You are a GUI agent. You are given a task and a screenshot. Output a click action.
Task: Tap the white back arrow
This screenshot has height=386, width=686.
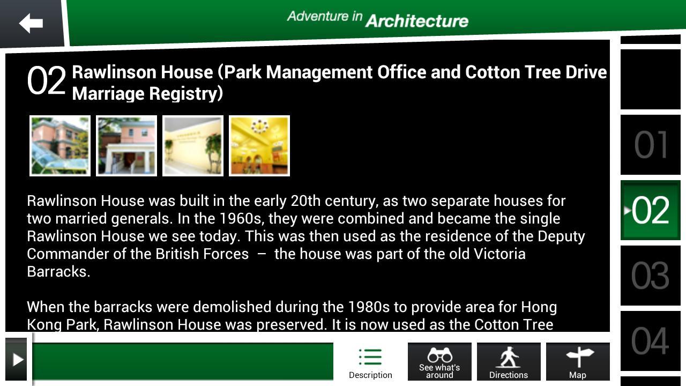tap(31, 23)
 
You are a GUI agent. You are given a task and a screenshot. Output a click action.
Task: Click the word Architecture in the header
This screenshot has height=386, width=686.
tap(417, 21)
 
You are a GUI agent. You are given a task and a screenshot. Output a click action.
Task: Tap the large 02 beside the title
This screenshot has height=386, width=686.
tap(47, 80)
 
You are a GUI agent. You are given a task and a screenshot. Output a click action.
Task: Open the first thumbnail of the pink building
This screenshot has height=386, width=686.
tap(60, 146)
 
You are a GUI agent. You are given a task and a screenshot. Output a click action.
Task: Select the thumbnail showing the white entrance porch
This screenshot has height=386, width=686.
tap(126, 146)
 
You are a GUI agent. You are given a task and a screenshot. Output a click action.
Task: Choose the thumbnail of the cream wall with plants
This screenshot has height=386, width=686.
tap(193, 146)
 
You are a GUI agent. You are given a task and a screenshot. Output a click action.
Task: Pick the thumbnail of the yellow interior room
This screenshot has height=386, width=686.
tap(259, 146)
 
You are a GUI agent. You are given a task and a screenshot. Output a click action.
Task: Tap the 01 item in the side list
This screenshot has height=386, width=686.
tap(651, 145)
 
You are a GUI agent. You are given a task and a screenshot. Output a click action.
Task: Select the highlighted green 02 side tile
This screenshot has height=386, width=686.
tap(651, 210)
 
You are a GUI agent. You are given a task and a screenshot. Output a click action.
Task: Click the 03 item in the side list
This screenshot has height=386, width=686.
tap(651, 276)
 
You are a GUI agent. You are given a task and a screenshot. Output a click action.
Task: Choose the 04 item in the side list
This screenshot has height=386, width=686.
tap(651, 341)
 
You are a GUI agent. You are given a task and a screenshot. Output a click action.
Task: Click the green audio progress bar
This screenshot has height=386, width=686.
tap(183, 361)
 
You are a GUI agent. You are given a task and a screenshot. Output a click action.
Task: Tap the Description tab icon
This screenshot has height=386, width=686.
tap(370, 357)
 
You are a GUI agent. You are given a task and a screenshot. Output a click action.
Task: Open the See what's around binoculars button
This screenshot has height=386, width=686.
tap(439, 362)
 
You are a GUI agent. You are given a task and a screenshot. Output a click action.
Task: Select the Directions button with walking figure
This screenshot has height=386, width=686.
tap(509, 362)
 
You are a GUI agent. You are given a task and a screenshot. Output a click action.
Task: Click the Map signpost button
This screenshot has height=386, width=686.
tap(578, 362)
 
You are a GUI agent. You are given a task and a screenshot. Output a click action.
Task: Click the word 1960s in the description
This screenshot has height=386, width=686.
tap(243, 218)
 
